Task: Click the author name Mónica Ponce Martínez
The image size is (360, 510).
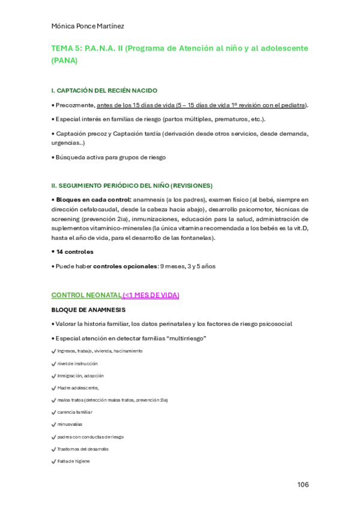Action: point(88,25)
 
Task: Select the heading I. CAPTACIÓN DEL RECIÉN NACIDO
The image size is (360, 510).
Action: point(105,90)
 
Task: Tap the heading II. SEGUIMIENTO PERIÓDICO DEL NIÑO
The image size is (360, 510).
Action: point(132,185)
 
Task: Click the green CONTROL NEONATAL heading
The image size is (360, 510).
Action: point(87,295)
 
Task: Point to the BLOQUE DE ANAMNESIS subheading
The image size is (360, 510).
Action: point(88,310)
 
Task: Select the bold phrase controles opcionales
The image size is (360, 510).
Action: point(125,266)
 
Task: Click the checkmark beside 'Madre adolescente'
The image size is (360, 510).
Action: point(54,387)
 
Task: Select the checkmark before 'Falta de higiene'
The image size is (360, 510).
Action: point(54,461)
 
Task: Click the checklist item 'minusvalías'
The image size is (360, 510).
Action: point(70,425)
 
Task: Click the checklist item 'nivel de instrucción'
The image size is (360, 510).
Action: point(78,363)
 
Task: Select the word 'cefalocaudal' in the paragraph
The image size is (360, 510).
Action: point(93,210)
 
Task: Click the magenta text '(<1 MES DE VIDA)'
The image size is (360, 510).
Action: point(151,295)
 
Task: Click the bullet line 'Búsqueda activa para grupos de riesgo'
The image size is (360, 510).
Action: point(111,157)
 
